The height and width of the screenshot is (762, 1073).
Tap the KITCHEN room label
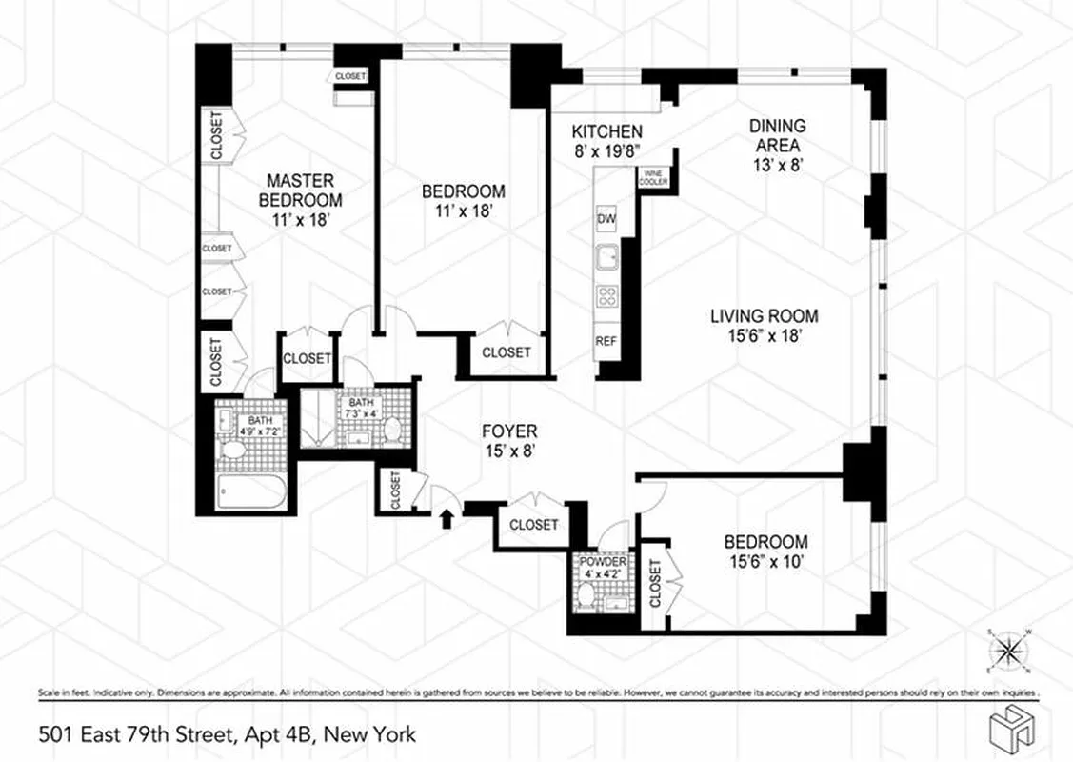(606, 131)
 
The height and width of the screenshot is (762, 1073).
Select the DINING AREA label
(777, 135)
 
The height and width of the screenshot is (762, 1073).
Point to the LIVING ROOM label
(765, 316)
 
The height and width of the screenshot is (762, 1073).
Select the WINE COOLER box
(655, 178)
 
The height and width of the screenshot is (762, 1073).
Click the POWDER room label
(602, 562)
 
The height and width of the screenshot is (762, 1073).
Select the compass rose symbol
(1007, 652)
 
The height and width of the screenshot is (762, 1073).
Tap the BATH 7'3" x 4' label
(361, 408)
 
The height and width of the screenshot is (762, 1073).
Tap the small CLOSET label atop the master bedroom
(350, 75)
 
